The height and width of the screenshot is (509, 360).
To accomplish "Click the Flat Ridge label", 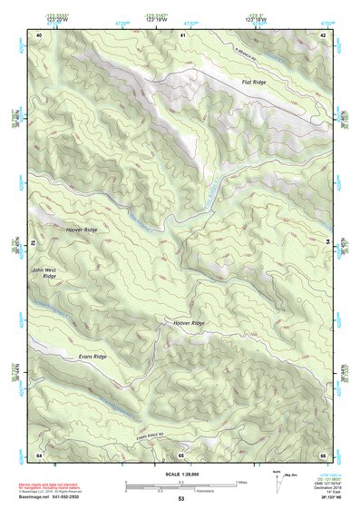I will click(x=253, y=83).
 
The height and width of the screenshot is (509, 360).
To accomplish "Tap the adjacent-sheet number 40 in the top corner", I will click(x=39, y=34).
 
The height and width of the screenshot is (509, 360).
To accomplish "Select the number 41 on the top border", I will click(x=182, y=34).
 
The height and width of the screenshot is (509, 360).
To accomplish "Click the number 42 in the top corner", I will click(x=324, y=34).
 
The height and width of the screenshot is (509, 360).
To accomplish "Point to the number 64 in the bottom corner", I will click(x=39, y=454).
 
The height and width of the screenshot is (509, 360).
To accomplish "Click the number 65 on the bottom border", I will click(x=180, y=454).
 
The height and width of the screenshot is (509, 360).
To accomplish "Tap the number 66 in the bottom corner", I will click(x=323, y=454).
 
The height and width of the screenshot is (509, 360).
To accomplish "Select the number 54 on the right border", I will click(x=327, y=243).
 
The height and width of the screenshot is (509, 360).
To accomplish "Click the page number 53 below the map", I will click(x=180, y=498).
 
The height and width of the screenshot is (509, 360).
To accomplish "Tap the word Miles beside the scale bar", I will click(x=240, y=481).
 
